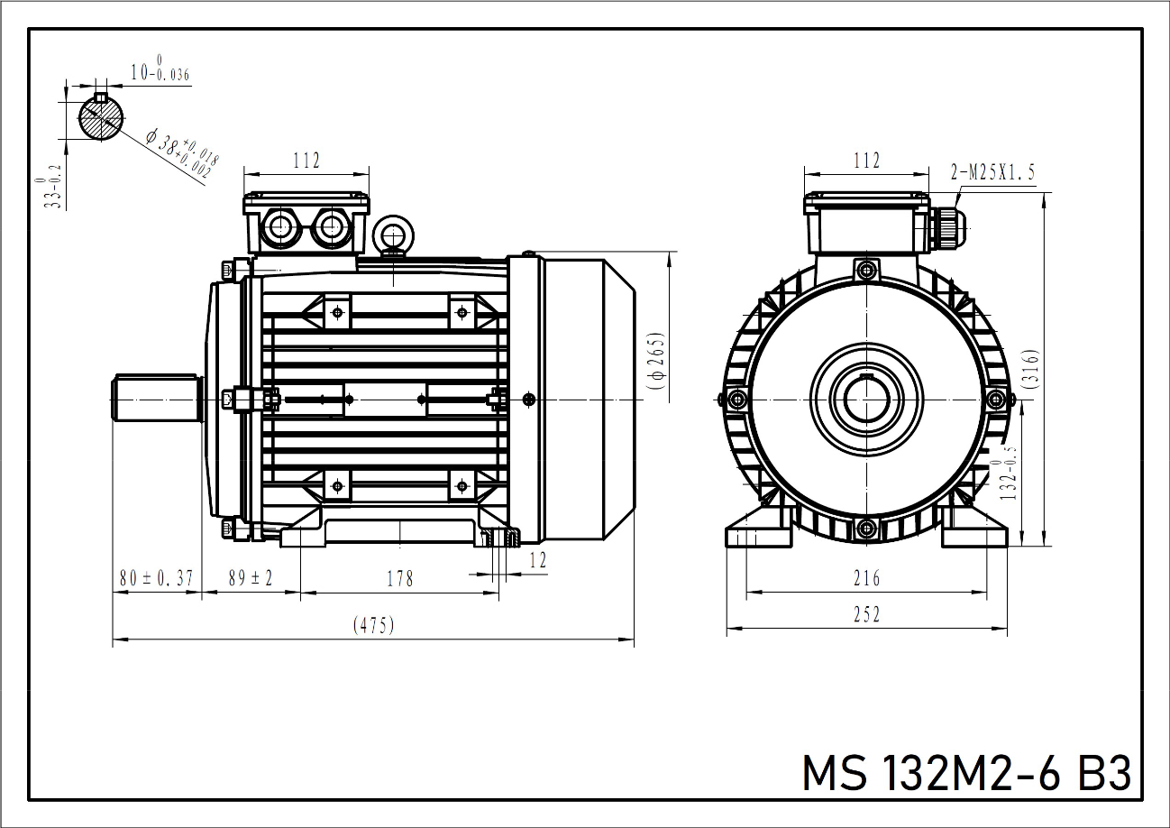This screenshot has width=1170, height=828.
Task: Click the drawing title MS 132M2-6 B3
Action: click(965, 774)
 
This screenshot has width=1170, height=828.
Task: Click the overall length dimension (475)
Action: click(373, 625)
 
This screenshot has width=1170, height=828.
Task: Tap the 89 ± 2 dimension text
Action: click(251, 578)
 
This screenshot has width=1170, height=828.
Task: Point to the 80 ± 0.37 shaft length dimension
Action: click(156, 578)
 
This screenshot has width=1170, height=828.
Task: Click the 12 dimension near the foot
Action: click(537, 560)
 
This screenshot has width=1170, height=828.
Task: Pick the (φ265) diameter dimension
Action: click(656, 362)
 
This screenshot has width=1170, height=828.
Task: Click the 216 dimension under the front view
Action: click(866, 578)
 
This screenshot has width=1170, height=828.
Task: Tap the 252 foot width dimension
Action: click(866, 614)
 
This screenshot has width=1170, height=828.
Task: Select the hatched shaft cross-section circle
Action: click(101, 117)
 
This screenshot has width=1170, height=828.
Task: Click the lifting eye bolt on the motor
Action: click(393, 235)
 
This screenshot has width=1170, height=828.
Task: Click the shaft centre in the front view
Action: click(866, 398)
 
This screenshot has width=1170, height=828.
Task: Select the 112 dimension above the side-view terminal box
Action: click(306, 161)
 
